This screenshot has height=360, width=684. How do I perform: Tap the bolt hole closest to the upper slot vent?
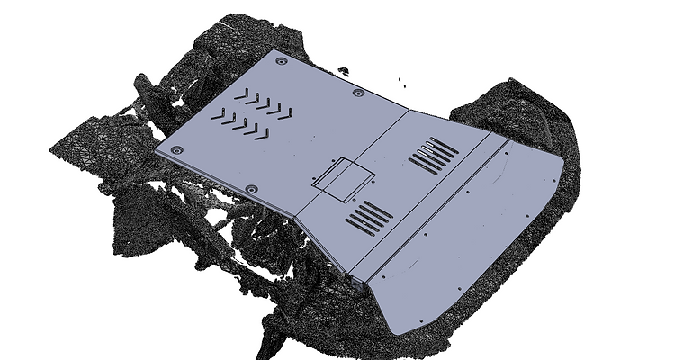(359, 93)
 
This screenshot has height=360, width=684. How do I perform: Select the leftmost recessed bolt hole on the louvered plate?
(175, 149)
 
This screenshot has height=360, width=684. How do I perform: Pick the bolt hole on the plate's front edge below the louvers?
(251, 188)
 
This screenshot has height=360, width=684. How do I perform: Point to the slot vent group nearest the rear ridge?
(434, 155)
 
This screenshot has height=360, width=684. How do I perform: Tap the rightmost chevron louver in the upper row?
(286, 112)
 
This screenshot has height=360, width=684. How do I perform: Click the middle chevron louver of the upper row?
(262, 102)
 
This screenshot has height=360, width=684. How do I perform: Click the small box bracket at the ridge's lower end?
(358, 281)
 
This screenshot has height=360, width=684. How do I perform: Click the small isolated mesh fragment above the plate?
(343, 69)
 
